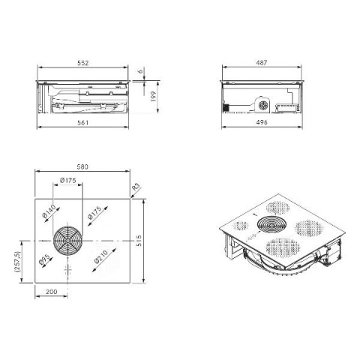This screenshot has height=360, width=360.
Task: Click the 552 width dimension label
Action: pyautogui.click(x=83, y=63)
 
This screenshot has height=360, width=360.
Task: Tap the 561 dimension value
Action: pyautogui.click(x=82, y=122)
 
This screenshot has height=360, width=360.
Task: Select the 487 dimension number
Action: pyautogui.click(x=262, y=62)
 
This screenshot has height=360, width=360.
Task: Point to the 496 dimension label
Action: pyautogui.click(x=262, y=122)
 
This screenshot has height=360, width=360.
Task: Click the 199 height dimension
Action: pyautogui.click(x=153, y=97)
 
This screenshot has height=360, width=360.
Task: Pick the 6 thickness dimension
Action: pyautogui.click(x=141, y=71)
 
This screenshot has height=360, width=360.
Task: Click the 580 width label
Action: pyautogui.click(x=82, y=166)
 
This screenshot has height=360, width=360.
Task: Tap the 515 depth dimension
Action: pyautogui.click(x=139, y=241)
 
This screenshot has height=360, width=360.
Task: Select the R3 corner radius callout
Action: pyautogui.click(x=136, y=187)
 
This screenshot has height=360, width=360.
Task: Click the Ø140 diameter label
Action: pyautogui.click(x=49, y=211)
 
